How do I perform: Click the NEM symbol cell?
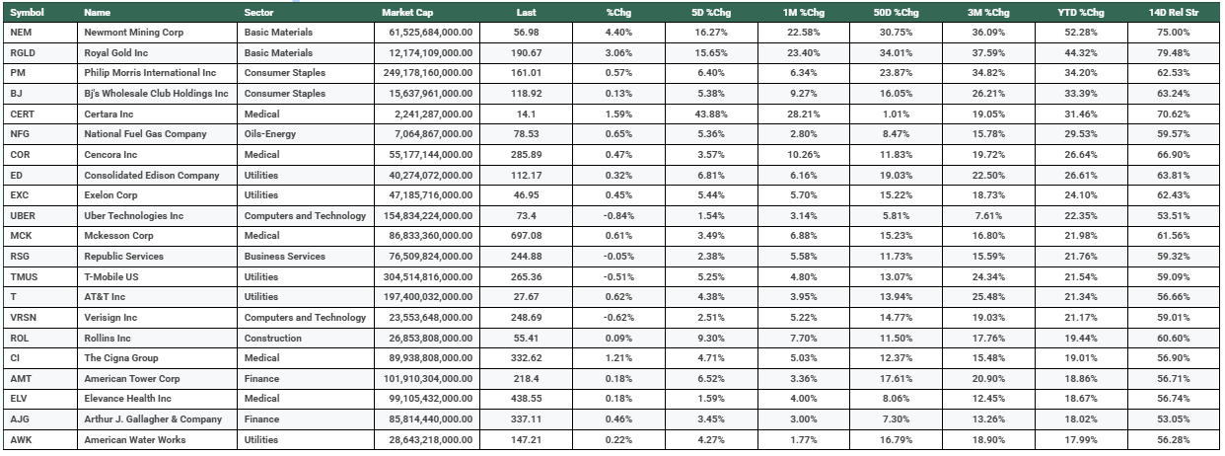click(x=18, y=33)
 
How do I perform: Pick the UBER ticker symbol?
click(x=22, y=215)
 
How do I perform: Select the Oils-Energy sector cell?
click(x=270, y=134)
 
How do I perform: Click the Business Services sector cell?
click(x=284, y=257)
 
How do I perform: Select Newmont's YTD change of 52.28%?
click(x=1092, y=33)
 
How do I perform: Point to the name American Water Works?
click(x=134, y=439)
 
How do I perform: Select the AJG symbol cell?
click(x=19, y=418)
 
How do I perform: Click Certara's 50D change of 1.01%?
click(x=903, y=114)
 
